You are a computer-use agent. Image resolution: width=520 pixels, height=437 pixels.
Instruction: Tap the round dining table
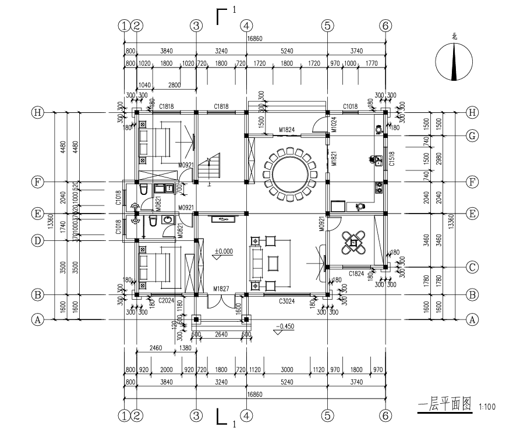(x=288, y=173)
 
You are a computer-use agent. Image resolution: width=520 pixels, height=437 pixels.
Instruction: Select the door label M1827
(x=221, y=289)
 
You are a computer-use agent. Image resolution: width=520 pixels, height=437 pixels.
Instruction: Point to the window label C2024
(x=167, y=301)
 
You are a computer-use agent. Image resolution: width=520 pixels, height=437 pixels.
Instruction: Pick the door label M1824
(x=286, y=129)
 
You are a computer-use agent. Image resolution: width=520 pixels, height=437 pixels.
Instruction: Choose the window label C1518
(x=392, y=159)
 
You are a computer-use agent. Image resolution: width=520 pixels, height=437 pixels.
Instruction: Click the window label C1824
(x=357, y=273)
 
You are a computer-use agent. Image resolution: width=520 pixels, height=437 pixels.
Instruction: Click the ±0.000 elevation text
(x=223, y=251)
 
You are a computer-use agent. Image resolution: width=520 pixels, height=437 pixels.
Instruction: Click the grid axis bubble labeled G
(x=472, y=136)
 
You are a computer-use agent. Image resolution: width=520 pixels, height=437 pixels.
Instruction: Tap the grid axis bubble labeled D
(x=38, y=240)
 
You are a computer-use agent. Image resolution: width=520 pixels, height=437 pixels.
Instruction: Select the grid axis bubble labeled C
(x=472, y=267)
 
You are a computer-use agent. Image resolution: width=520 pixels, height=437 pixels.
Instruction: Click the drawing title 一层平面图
(x=444, y=406)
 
